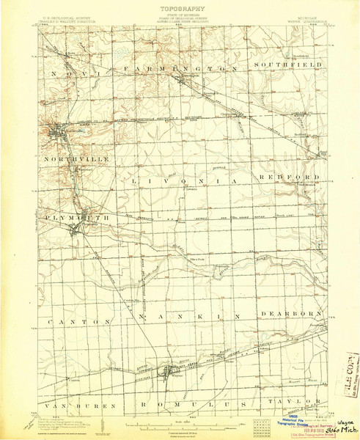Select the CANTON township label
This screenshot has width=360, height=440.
(x=67, y=322)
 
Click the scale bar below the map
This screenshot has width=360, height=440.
(x=180, y=424)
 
